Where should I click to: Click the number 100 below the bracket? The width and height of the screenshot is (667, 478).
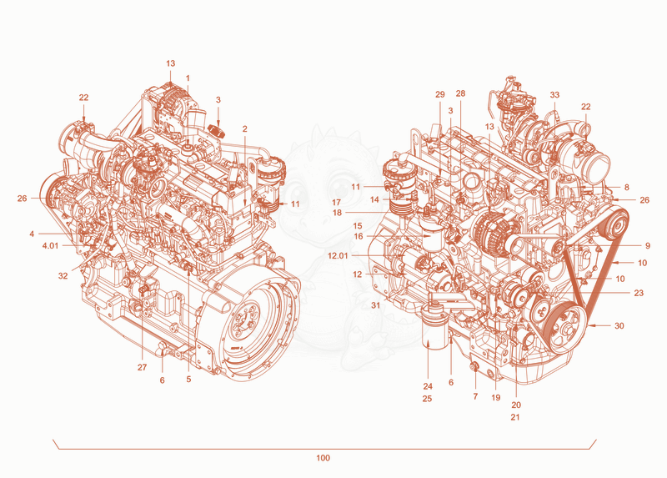(323, 458)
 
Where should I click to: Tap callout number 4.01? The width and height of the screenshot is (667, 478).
(50, 246)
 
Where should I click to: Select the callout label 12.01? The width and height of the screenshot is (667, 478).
(338, 256)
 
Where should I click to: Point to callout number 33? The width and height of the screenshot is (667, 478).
(554, 95)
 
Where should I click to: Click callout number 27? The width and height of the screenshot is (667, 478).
(142, 367)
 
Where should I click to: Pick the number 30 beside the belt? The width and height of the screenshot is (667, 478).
(619, 326)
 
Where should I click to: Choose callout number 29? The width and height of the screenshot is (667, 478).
(440, 94)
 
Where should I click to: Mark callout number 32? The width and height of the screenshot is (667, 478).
(63, 276)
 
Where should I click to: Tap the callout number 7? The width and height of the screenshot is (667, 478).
(475, 397)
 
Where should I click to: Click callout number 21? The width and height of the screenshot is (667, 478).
(515, 418)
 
